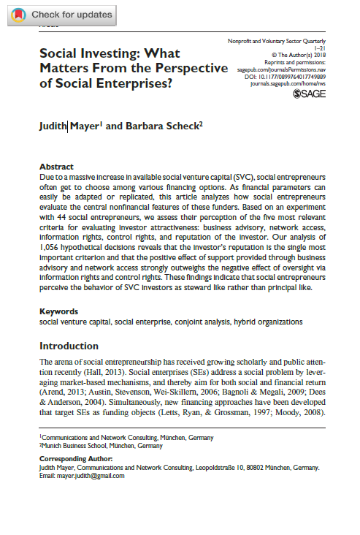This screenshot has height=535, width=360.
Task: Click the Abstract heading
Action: (x=56, y=167)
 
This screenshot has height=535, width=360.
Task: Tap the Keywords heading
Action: (x=58, y=311)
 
